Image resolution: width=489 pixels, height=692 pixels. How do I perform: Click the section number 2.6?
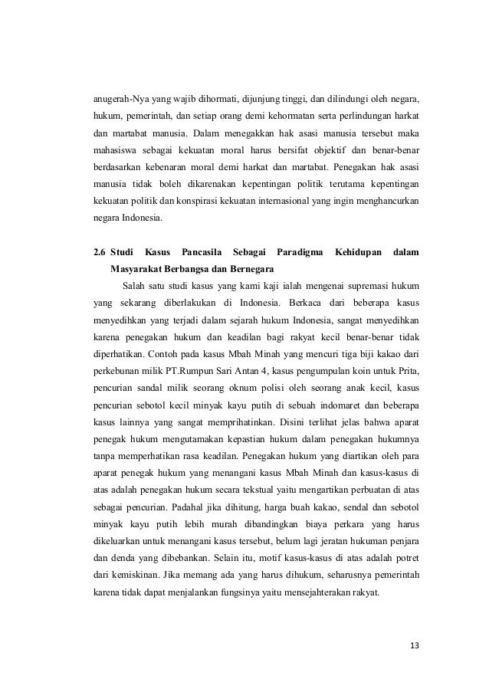[x=97, y=252]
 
